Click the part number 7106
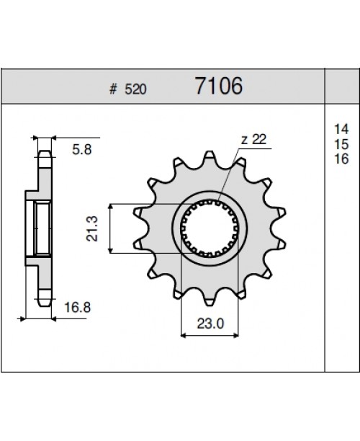(x=219, y=88)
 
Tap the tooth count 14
(x=336, y=128)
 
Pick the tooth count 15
(x=336, y=144)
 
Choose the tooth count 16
(x=336, y=159)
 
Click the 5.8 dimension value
(x=81, y=151)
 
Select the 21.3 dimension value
(x=93, y=228)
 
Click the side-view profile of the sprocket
(x=41, y=228)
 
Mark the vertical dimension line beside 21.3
(x=109, y=228)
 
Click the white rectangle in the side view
(x=42, y=228)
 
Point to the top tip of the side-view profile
(x=45, y=152)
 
